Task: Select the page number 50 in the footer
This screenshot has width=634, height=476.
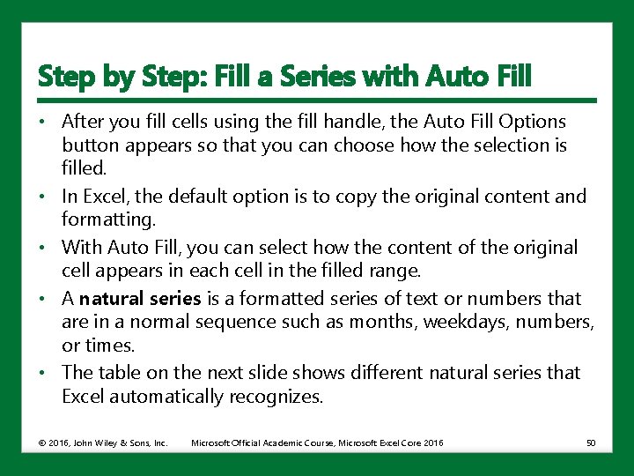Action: (x=590, y=443)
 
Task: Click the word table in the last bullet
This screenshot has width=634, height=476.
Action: (x=122, y=373)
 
